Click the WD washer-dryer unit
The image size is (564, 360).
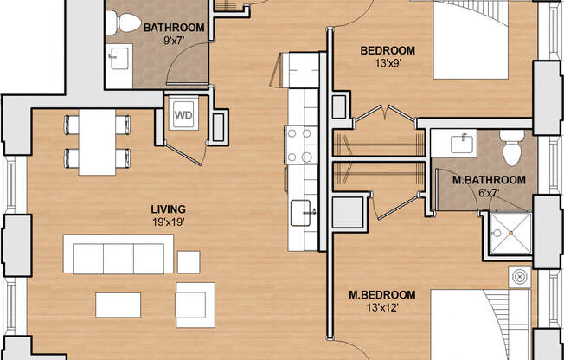[x=183, y=114]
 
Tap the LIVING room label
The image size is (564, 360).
[x=168, y=209]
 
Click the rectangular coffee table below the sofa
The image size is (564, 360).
[x=118, y=304]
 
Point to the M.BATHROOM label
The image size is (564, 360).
[x=489, y=180]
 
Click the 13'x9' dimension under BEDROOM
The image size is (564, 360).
[x=388, y=63]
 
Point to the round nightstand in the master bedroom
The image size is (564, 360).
[x=520, y=276]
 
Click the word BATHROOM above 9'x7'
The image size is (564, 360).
[x=174, y=28]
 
